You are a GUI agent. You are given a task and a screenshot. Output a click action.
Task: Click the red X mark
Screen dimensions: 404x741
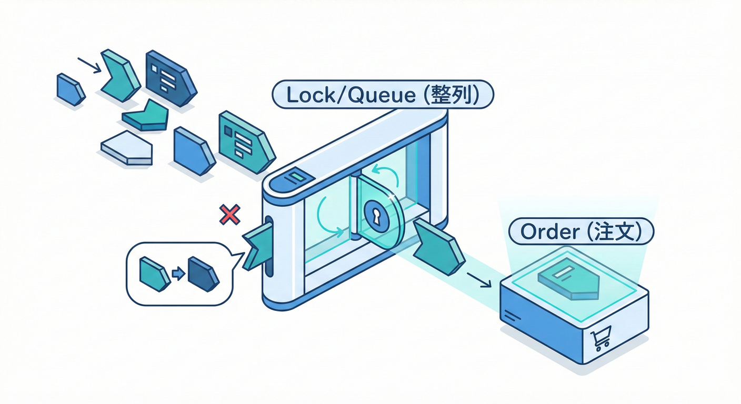coord(229,215)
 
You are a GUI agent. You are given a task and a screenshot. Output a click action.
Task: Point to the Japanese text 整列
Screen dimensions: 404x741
coord(456,95)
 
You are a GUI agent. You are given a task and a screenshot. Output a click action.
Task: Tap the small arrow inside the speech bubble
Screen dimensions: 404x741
coord(178,274)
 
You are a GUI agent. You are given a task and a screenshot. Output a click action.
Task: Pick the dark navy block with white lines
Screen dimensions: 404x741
coord(169,78)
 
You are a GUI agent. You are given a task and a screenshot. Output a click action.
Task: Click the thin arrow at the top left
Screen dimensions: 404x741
coord(89,65)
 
